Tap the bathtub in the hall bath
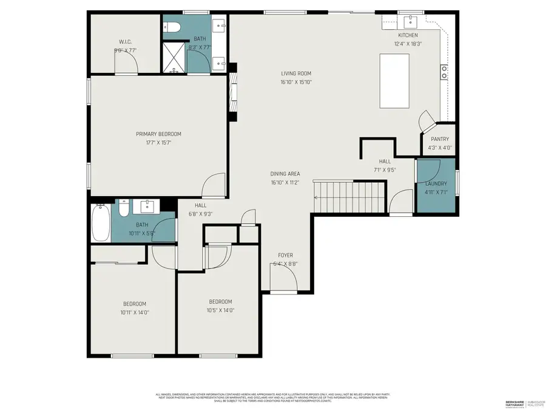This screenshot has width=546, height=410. (100, 223)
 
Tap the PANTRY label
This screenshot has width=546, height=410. (440, 139)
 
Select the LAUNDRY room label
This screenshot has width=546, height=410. (436, 183)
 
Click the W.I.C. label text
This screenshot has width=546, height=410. (126, 42)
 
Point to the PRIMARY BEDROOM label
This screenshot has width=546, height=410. (158, 134)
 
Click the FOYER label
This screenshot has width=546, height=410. (285, 255)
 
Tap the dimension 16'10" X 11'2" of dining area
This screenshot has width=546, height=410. (285, 182)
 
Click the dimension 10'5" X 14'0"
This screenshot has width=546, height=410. (220, 310)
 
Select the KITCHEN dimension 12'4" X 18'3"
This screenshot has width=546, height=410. (407, 44)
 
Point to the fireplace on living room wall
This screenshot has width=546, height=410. (234, 93)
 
